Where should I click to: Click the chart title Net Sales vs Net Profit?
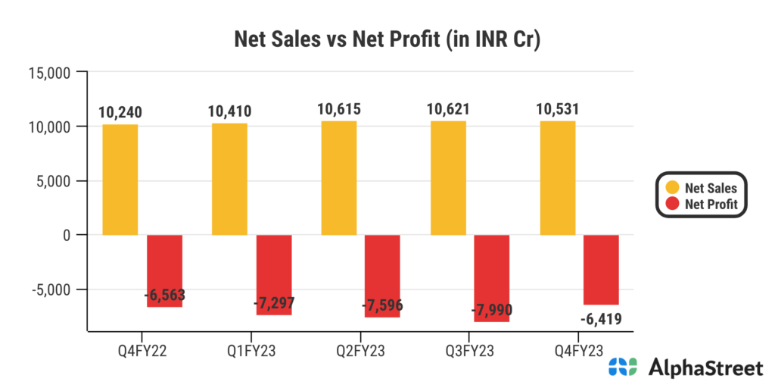(387, 40)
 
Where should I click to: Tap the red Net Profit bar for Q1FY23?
(274, 274)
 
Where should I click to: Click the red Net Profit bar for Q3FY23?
(492, 278)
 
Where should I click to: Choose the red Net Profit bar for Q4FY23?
(602, 270)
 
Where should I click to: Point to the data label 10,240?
(120, 113)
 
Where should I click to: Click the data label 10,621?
(448, 109)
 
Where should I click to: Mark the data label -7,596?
(382, 306)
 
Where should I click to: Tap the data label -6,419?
(601, 319)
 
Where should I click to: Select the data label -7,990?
(492, 311)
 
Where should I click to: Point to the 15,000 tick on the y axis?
(49, 74)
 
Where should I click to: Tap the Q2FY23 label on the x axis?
(361, 349)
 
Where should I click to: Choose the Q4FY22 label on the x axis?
(142, 349)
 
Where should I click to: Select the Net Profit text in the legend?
(711, 203)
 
